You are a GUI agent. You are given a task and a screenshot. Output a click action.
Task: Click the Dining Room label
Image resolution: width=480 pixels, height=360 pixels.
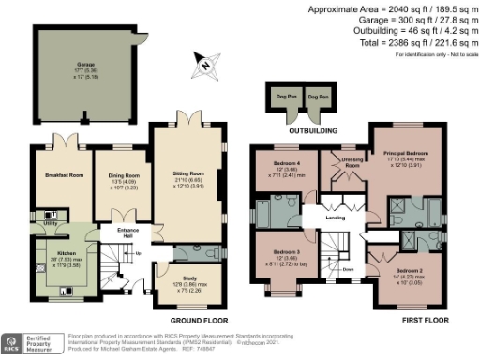pos(125,174)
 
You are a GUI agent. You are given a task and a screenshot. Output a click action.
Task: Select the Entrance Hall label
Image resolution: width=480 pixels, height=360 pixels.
pos(127,232)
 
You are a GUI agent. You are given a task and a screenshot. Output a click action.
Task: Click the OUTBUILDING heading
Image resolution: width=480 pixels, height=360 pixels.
pos(299,131)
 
